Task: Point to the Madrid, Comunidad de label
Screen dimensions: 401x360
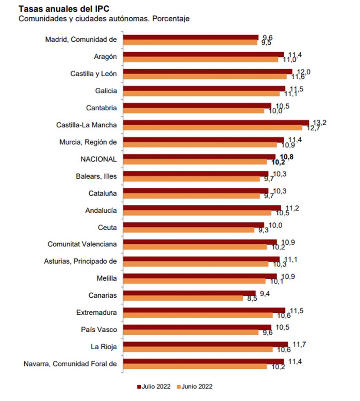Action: pyautogui.click(x=81, y=40)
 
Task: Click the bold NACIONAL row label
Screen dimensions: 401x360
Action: pyautogui.click(x=99, y=159)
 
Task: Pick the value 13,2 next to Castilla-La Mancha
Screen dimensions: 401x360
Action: pyautogui.click(x=318, y=123)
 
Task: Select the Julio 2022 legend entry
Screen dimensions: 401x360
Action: pyautogui.click(x=154, y=387)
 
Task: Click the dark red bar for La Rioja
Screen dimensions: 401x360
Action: pyautogui.click(x=206, y=344)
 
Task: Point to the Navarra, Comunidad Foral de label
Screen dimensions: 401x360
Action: pyautogui.click(x=71, y=363)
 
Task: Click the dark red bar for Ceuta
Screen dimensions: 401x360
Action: pyautogui.click(x=194, y=225)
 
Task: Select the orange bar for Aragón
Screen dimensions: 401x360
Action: pyautogui.click(x=201, y=60)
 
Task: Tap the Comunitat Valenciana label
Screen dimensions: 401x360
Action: pyautogui.click(x=82, y=244)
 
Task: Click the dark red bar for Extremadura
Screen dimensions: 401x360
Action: pyautogui.click(x=204, y=310)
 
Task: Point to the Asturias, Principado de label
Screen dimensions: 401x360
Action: pyautogui.click(x=81, y=261)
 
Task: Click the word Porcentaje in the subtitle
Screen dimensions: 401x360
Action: pyautogui.click(x=171, y=19)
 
